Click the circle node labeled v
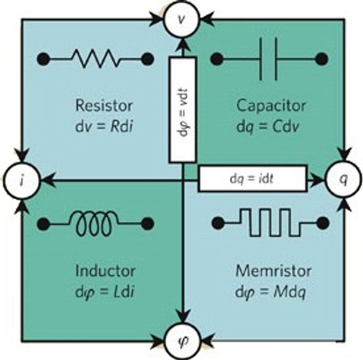[181, 20]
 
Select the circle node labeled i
[22, 180]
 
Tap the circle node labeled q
[343, 179]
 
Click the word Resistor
[104, 106]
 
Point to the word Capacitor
[271, 106]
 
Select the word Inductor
[106, 271]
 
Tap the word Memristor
[273, 271]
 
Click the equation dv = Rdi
[104, 126]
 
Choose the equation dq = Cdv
[268, 127]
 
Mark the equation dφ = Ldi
[104, 292]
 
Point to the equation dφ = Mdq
[271, 292]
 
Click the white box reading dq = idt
[253, 179]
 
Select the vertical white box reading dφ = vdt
[182, 110]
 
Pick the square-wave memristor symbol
[270, 222]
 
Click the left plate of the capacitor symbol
[261, 59]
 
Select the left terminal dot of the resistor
[43, 59]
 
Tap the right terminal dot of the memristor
[323, 223]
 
